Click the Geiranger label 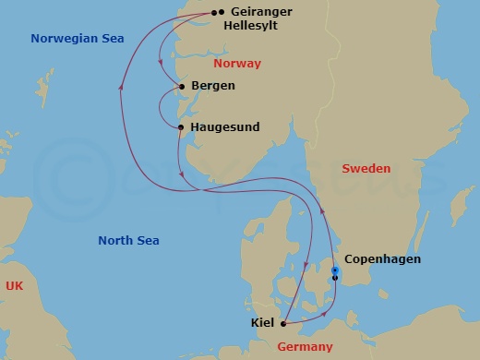click(x=268, y=13)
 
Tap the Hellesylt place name click(x=263, y=28)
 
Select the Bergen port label click(x=213, y=86)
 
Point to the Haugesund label click(x=226, y=126)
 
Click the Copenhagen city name click(x=382, y=259)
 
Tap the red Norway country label click(x=236, y=64)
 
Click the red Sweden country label click(x=366, y=169)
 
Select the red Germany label click(x=305, y=346)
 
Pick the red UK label click(x=14, y=287)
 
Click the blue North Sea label click(x=128, y=241)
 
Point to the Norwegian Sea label click(x=78, y=39)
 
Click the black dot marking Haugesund click(x=181, y=127)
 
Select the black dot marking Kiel click(x=282, y=323)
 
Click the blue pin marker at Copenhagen click(x=334, y=270)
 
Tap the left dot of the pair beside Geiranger click(x=214, y=12)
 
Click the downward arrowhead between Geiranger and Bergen click(x=162, y=65)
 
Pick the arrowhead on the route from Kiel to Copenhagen click(x=326, y=315)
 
